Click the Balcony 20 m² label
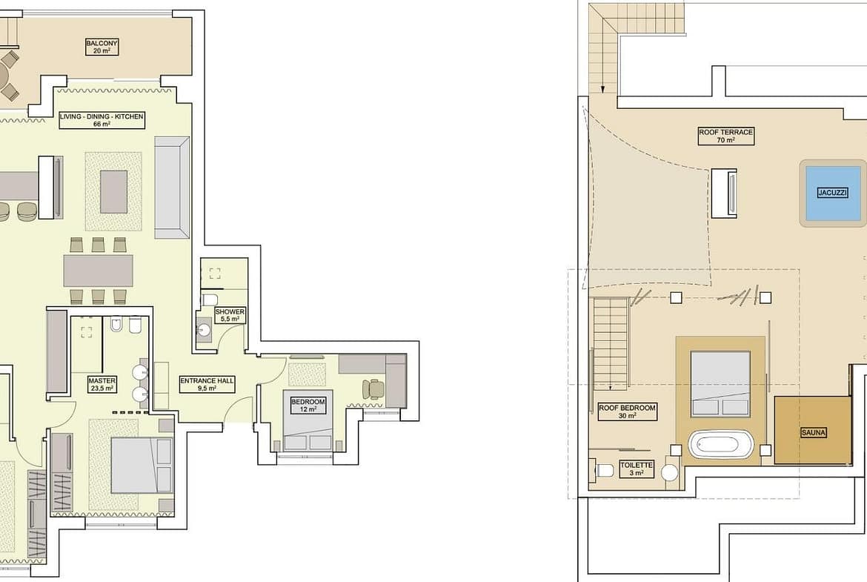coord(102,47)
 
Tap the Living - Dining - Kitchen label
coord(102,120)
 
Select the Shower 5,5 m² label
coord(230,315)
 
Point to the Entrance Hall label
coord(207,385)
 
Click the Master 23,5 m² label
coord(102,385)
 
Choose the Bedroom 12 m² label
coord(308,406)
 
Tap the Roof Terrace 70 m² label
coord(726,136)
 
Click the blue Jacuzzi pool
coord(833,193)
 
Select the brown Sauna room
coord(812,430)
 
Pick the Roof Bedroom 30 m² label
coord(627,411)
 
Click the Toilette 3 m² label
coord(637,469)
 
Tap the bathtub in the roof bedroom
coord(721,444)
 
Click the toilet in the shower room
coord(210,300)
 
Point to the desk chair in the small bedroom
coord(373,388)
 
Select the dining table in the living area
coord(98,271)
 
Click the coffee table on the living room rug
coord(114,191)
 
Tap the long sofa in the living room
coord(172,188)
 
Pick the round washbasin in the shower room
coord(204,330)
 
